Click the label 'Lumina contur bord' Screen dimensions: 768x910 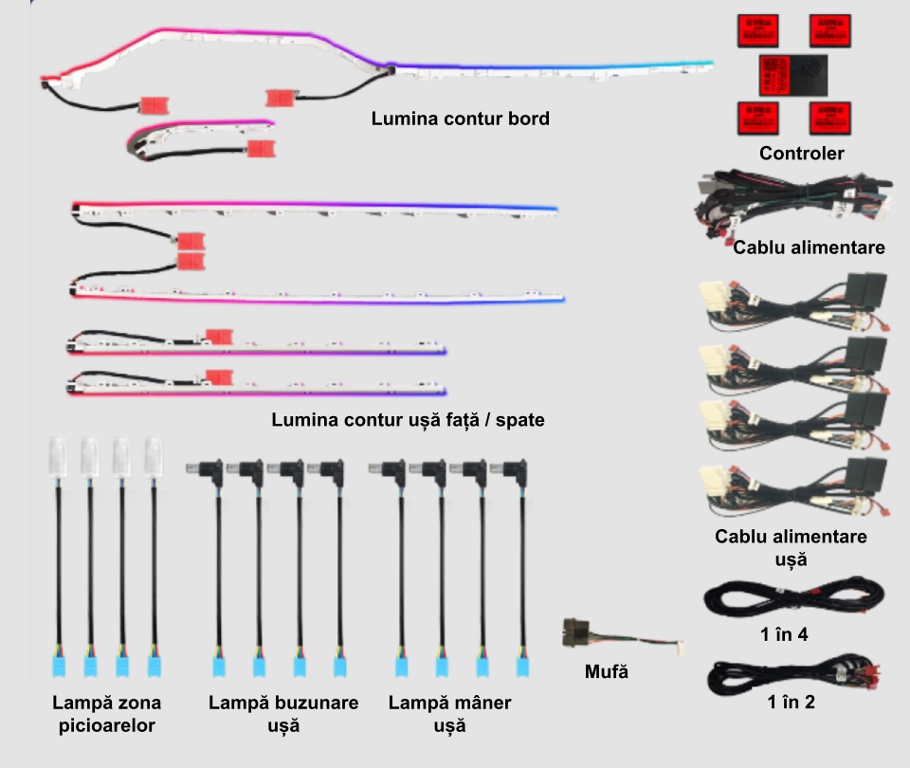(460, 119)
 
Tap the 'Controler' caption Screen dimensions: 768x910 (801, 153)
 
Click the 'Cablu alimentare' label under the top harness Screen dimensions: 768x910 (809, 247)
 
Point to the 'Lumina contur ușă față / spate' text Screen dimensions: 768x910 (408, 419)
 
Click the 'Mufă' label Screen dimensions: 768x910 (607, 672)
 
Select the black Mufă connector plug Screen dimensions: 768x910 (574, 631)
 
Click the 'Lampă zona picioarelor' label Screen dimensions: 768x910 (106, 714)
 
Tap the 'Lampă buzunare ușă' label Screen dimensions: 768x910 (283, 714)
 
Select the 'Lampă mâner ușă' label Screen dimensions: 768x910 (449, 714)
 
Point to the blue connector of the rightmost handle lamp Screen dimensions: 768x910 (520, 665)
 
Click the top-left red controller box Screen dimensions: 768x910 (757, 31)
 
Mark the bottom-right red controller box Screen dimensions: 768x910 (829, 117)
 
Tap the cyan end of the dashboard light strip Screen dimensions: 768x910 (697, 64)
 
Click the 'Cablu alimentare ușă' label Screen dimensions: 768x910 (791, 547)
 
